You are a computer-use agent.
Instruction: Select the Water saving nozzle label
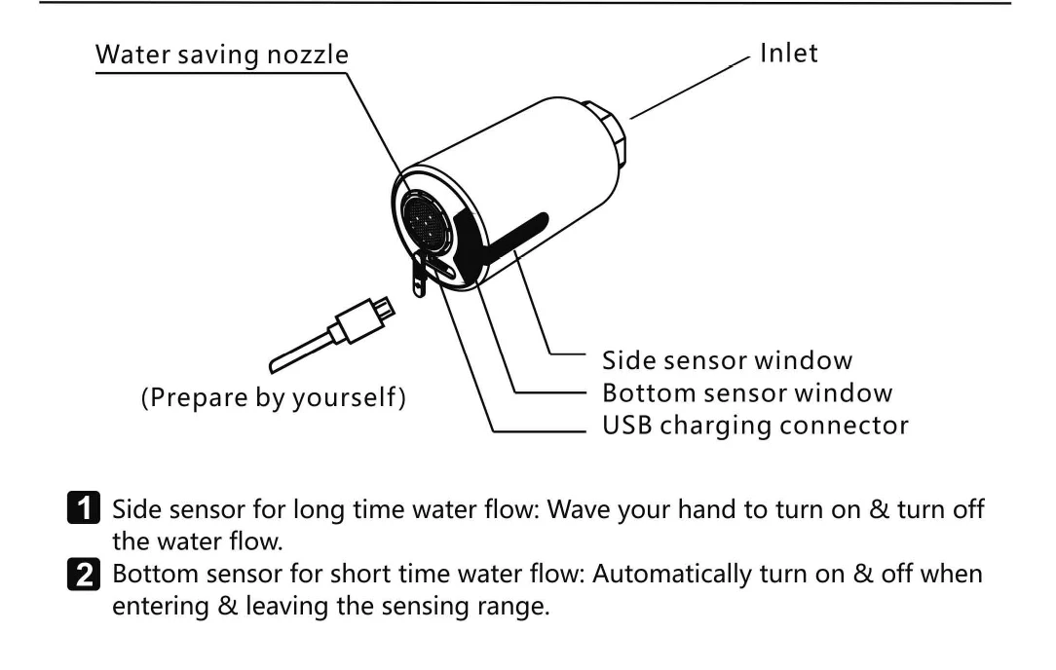tap(221, 56)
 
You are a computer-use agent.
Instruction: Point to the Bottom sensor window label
tap(747, 392)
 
